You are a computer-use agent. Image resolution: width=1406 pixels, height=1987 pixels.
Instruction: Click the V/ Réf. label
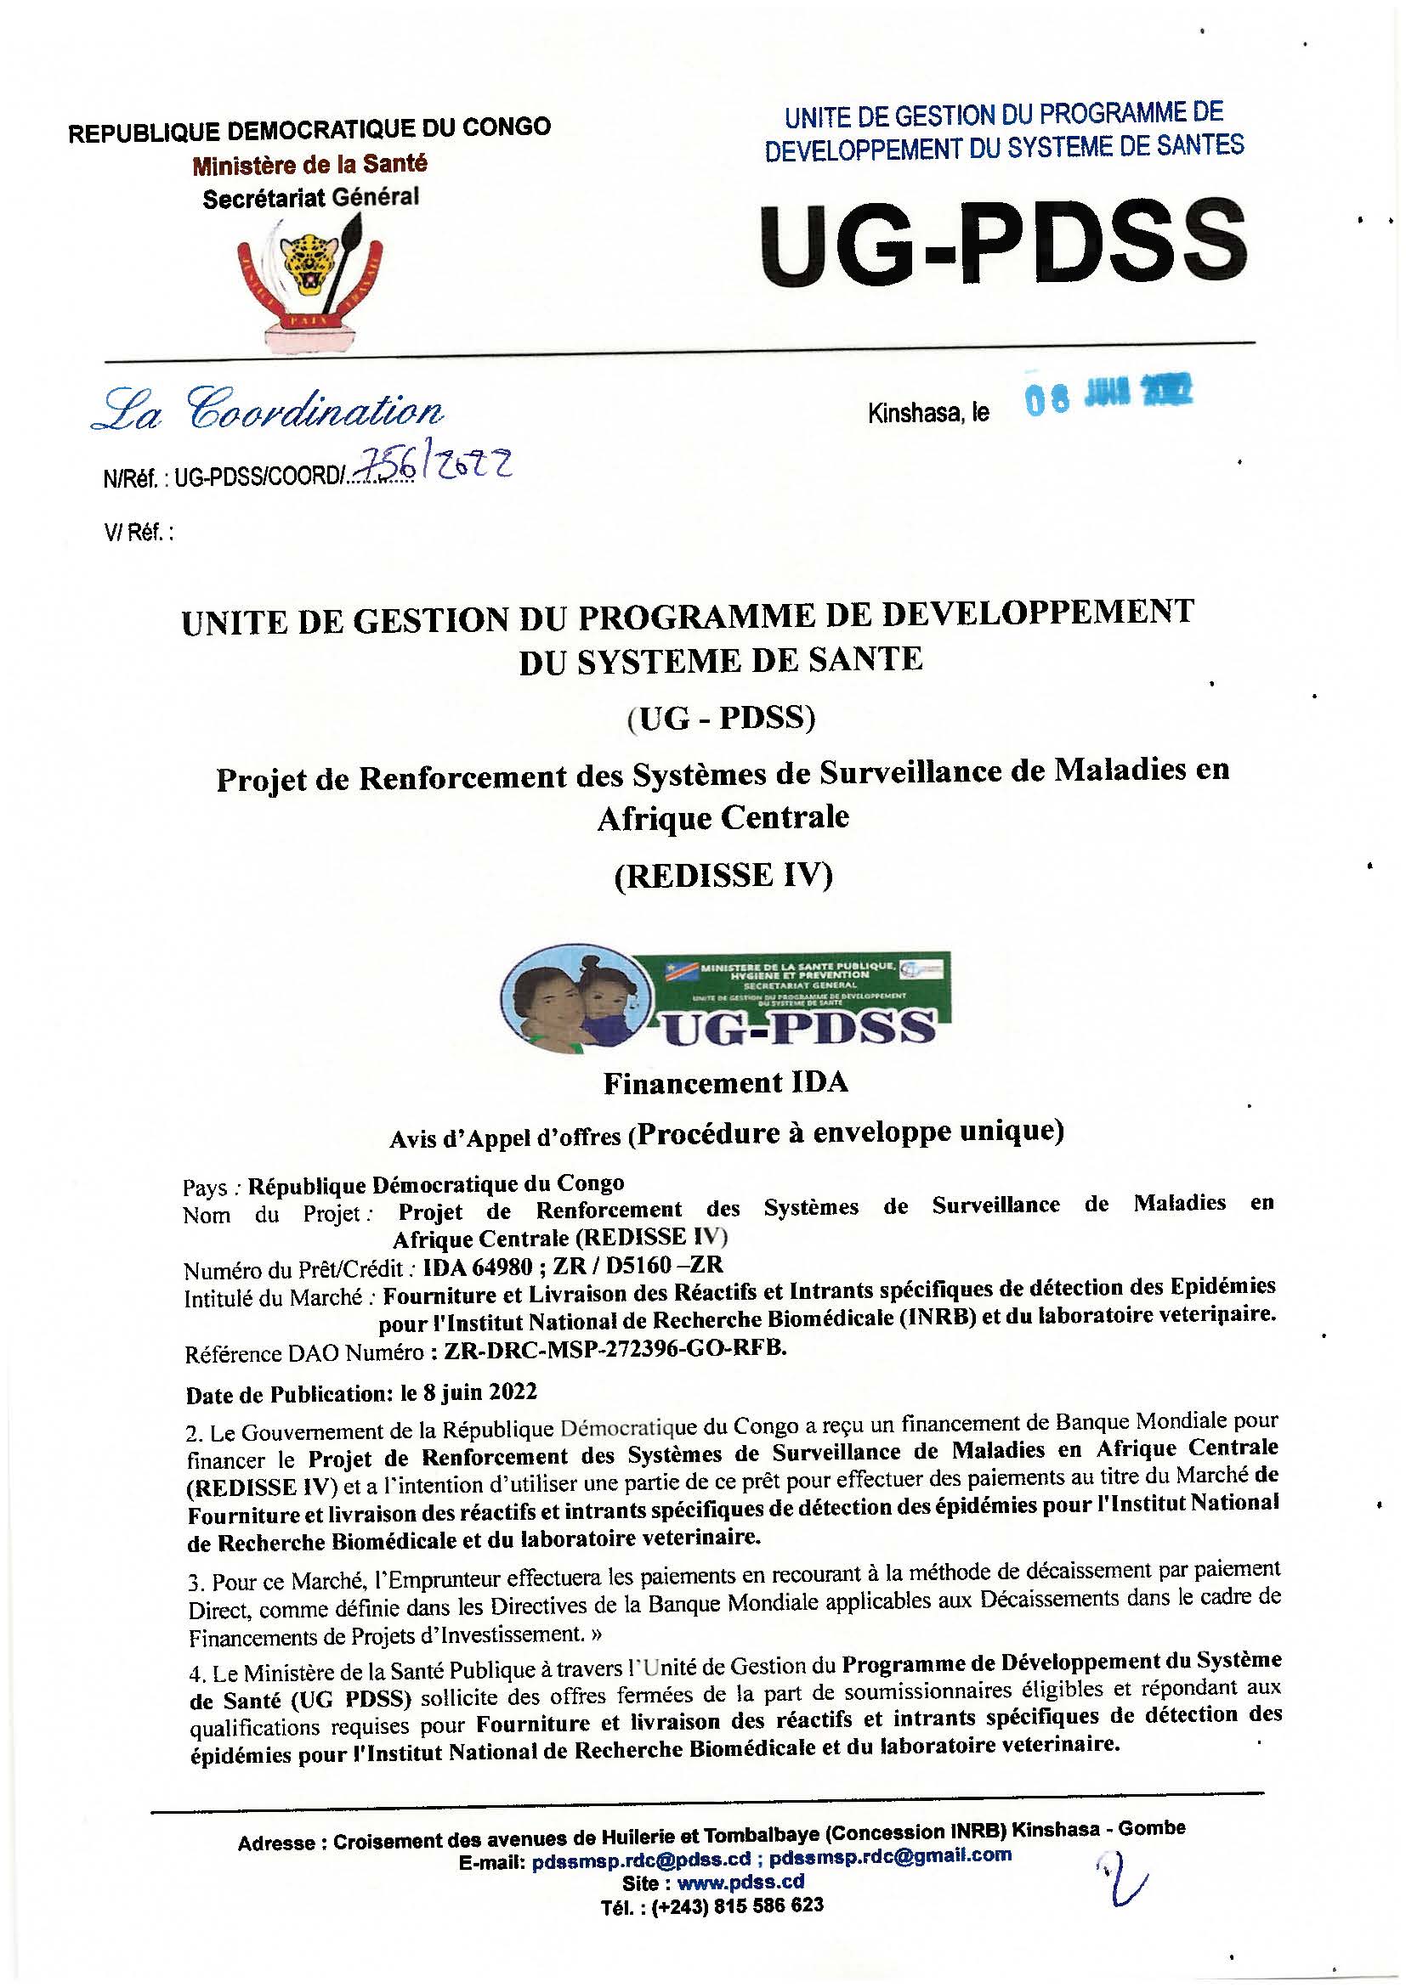coord(139,533)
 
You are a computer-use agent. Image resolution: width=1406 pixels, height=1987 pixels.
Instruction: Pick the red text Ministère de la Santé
coord(310,163)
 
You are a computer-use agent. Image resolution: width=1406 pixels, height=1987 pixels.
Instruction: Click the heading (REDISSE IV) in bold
coord(723,877)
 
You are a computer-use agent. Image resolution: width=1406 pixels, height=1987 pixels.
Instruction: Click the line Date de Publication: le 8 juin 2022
coord(362,1392)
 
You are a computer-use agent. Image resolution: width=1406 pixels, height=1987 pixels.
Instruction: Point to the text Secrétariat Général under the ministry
coord(310,198)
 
